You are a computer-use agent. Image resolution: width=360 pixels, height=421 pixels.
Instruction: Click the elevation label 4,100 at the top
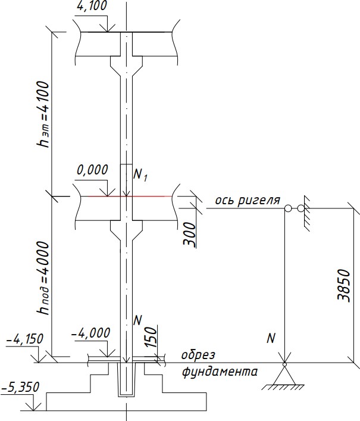tap(92, 5)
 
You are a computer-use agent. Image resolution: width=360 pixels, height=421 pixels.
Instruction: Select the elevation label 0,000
tap(92, 170)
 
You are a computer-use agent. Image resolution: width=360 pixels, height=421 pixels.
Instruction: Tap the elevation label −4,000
tap(90, 333)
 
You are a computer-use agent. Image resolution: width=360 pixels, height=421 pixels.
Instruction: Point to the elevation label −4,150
tap(24, 339)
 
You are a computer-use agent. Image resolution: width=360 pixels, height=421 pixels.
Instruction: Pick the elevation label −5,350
tap(20, 388)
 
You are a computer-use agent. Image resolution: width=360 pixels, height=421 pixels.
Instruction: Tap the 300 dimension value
tap(190, 234)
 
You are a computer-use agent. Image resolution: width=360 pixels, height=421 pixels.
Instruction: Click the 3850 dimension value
tap(344, 285)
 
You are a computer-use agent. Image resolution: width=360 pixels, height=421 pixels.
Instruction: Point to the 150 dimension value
tap(151, 337)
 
